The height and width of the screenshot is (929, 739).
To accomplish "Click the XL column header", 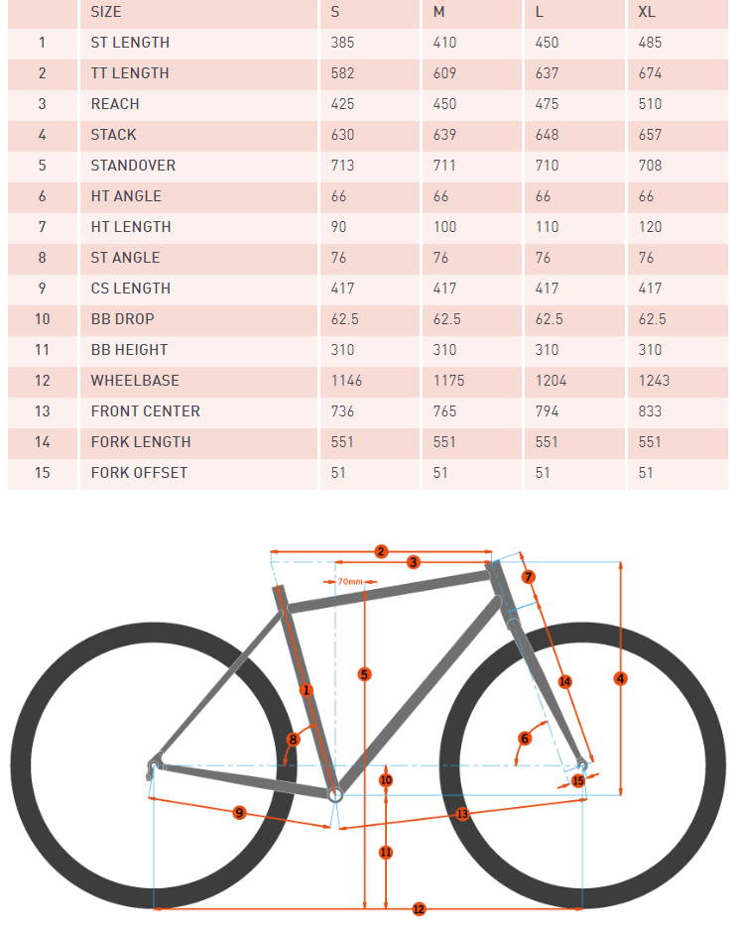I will [647, 12].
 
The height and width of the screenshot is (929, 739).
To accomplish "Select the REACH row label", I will [115, 104].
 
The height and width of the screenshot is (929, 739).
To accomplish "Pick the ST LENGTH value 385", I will [342, 43].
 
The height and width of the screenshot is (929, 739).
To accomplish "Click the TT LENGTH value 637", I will [547, 73].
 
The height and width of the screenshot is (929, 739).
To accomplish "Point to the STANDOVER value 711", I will [444, 166].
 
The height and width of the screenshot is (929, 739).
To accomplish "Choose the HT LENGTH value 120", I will [650, 227].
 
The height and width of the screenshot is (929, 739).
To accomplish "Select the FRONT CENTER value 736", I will [342, 411].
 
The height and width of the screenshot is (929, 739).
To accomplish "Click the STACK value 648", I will [547, 135].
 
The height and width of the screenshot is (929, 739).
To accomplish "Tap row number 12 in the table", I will [42, 381].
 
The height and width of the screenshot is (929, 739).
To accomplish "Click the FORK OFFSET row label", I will [139, 473].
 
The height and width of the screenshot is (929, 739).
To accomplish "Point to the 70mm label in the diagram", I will [349, 582].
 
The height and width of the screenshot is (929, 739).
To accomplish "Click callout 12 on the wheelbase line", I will [418, 908].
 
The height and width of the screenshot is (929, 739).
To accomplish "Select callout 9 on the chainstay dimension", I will [239, 813].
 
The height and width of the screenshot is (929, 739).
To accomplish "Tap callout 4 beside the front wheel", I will [621, 679].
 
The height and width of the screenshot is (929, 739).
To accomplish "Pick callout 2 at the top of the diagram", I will [381, 551].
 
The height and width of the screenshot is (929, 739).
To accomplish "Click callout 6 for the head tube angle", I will [525, 738].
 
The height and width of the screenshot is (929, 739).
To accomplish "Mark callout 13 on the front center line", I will [462, 814].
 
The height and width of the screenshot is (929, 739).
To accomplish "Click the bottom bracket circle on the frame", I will [335, 793].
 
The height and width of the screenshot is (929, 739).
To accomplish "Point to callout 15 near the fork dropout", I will [578, 781].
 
